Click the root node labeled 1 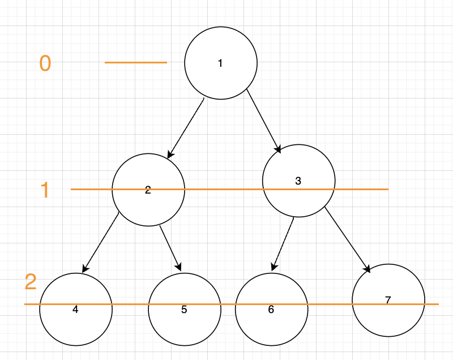(x=221, y=63)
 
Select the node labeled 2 (x=148, y=190)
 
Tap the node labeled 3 (x=298, y=181)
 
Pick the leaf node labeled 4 (x=76, y=309)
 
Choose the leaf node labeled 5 (x=185, y=309)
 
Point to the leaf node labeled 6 (x=271, y=309)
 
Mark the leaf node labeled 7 (x=388, y=300)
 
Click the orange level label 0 (x=45, y=63)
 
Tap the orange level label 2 (x=31, y=282)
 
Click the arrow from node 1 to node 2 (x=186, y=127)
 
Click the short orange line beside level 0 (x=136, y=62)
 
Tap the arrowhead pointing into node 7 (x=367, y=269)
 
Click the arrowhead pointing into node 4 (x=85, y=268)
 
